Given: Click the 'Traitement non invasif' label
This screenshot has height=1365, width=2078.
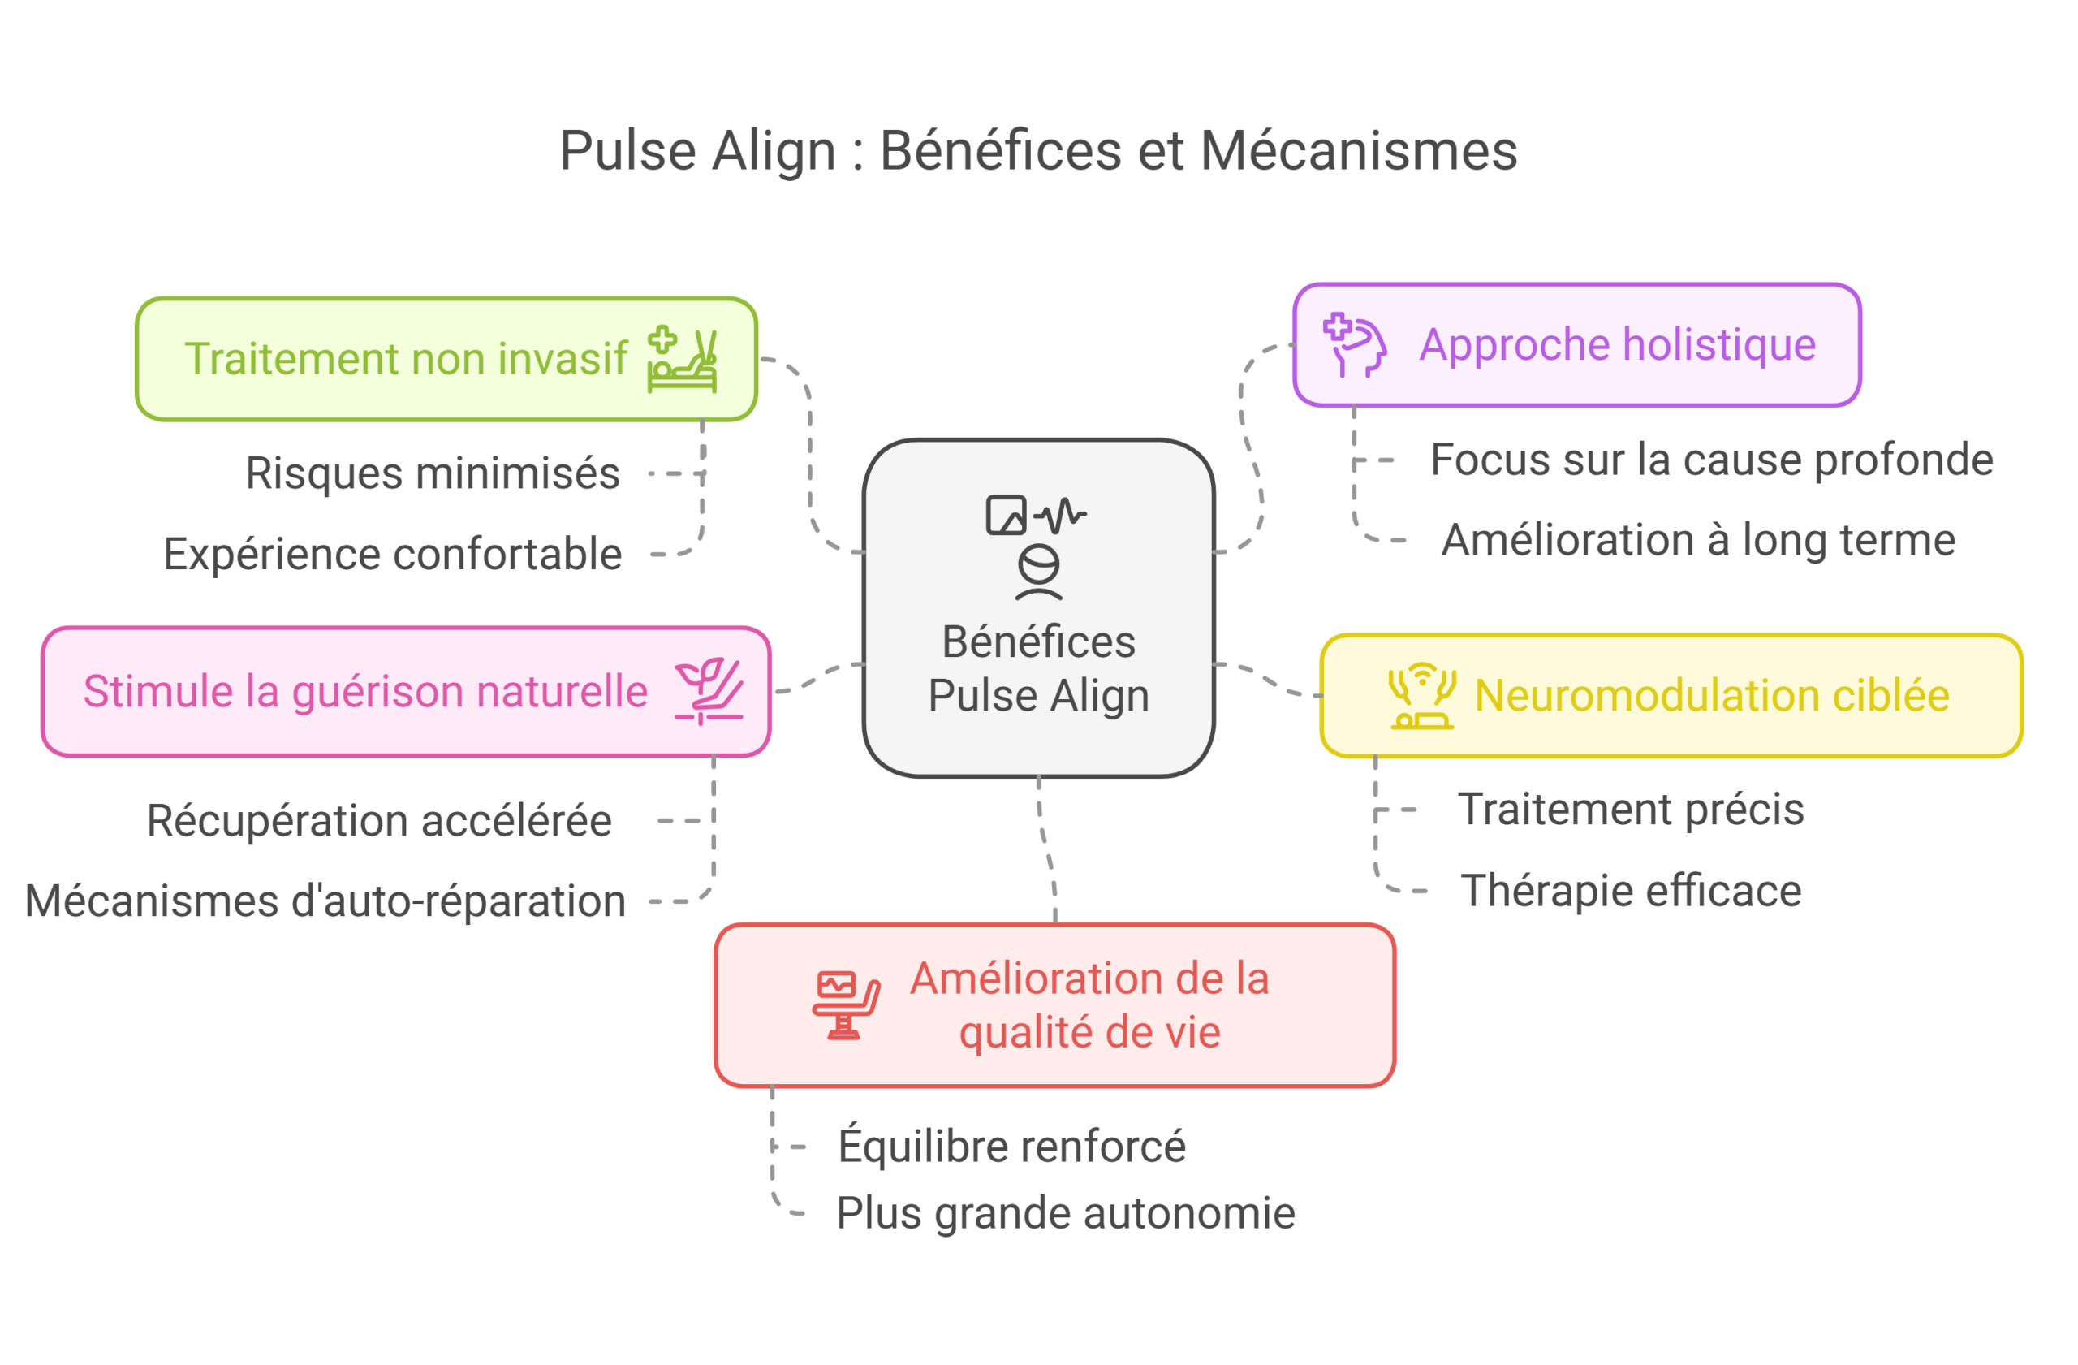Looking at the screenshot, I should click(405, 359).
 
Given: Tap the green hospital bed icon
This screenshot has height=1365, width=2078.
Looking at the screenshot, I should click(682, 360).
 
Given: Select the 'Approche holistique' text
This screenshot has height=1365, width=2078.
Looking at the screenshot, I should click(1617, 344).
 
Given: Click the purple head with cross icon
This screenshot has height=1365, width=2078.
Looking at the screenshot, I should click(1354, 345).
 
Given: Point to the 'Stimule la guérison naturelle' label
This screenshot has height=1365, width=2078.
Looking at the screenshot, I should click(365, 692).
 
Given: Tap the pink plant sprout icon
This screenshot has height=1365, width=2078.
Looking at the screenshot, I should click(709, 691).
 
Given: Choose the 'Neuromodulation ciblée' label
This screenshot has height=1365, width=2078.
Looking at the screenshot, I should click(1711, 696).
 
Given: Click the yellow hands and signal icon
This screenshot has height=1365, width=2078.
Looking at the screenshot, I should click(1422, 696).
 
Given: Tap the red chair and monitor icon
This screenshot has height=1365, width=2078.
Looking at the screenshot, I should click(845, 1004).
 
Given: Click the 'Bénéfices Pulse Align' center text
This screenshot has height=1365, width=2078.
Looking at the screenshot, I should click(1038, 669).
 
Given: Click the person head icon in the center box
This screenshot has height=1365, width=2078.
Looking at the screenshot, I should click(1038, 572).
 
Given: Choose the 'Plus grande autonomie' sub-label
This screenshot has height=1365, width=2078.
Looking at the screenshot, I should click(1062, 1215).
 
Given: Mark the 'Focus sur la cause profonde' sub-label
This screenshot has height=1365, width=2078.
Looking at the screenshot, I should click(1710, 461).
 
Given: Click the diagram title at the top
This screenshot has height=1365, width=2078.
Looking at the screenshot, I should click(1037, 153).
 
